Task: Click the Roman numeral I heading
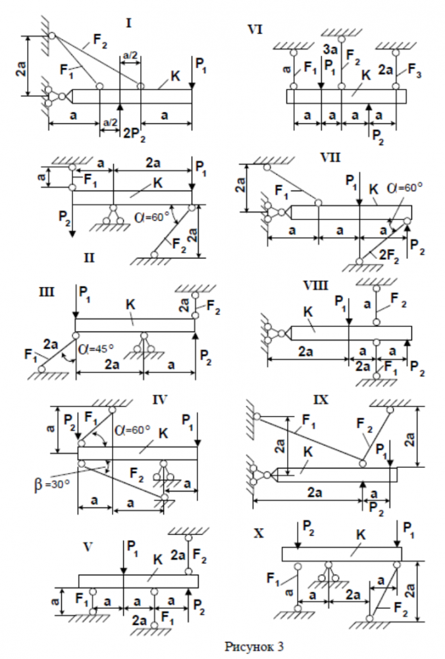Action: tap(129, 24)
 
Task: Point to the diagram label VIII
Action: tap(321, 286)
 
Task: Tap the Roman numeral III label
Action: tap(49, 291)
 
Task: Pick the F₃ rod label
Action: tap(414, 68)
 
